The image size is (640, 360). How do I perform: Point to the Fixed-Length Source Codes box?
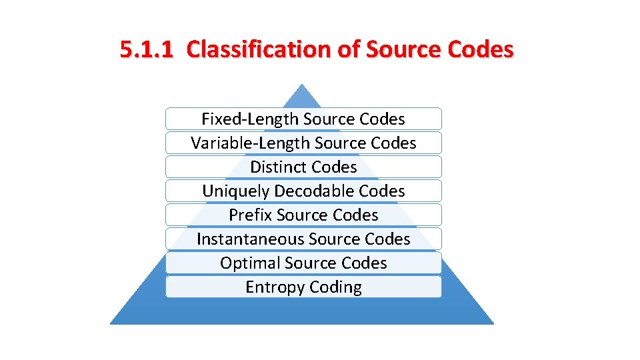[303, 119]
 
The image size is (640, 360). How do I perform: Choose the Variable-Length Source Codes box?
[303, 143]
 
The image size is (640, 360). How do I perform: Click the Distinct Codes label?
[303, 167]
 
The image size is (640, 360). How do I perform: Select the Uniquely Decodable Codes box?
[303, 191]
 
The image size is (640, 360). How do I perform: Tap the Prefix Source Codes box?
[303, 215]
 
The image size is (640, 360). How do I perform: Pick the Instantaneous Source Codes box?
[303, 239]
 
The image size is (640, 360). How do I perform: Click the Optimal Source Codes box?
[303, 263]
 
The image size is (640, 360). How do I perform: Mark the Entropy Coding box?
[303, 287]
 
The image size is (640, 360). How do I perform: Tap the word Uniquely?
[235, 191]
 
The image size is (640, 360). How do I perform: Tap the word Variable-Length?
[250, 143]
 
